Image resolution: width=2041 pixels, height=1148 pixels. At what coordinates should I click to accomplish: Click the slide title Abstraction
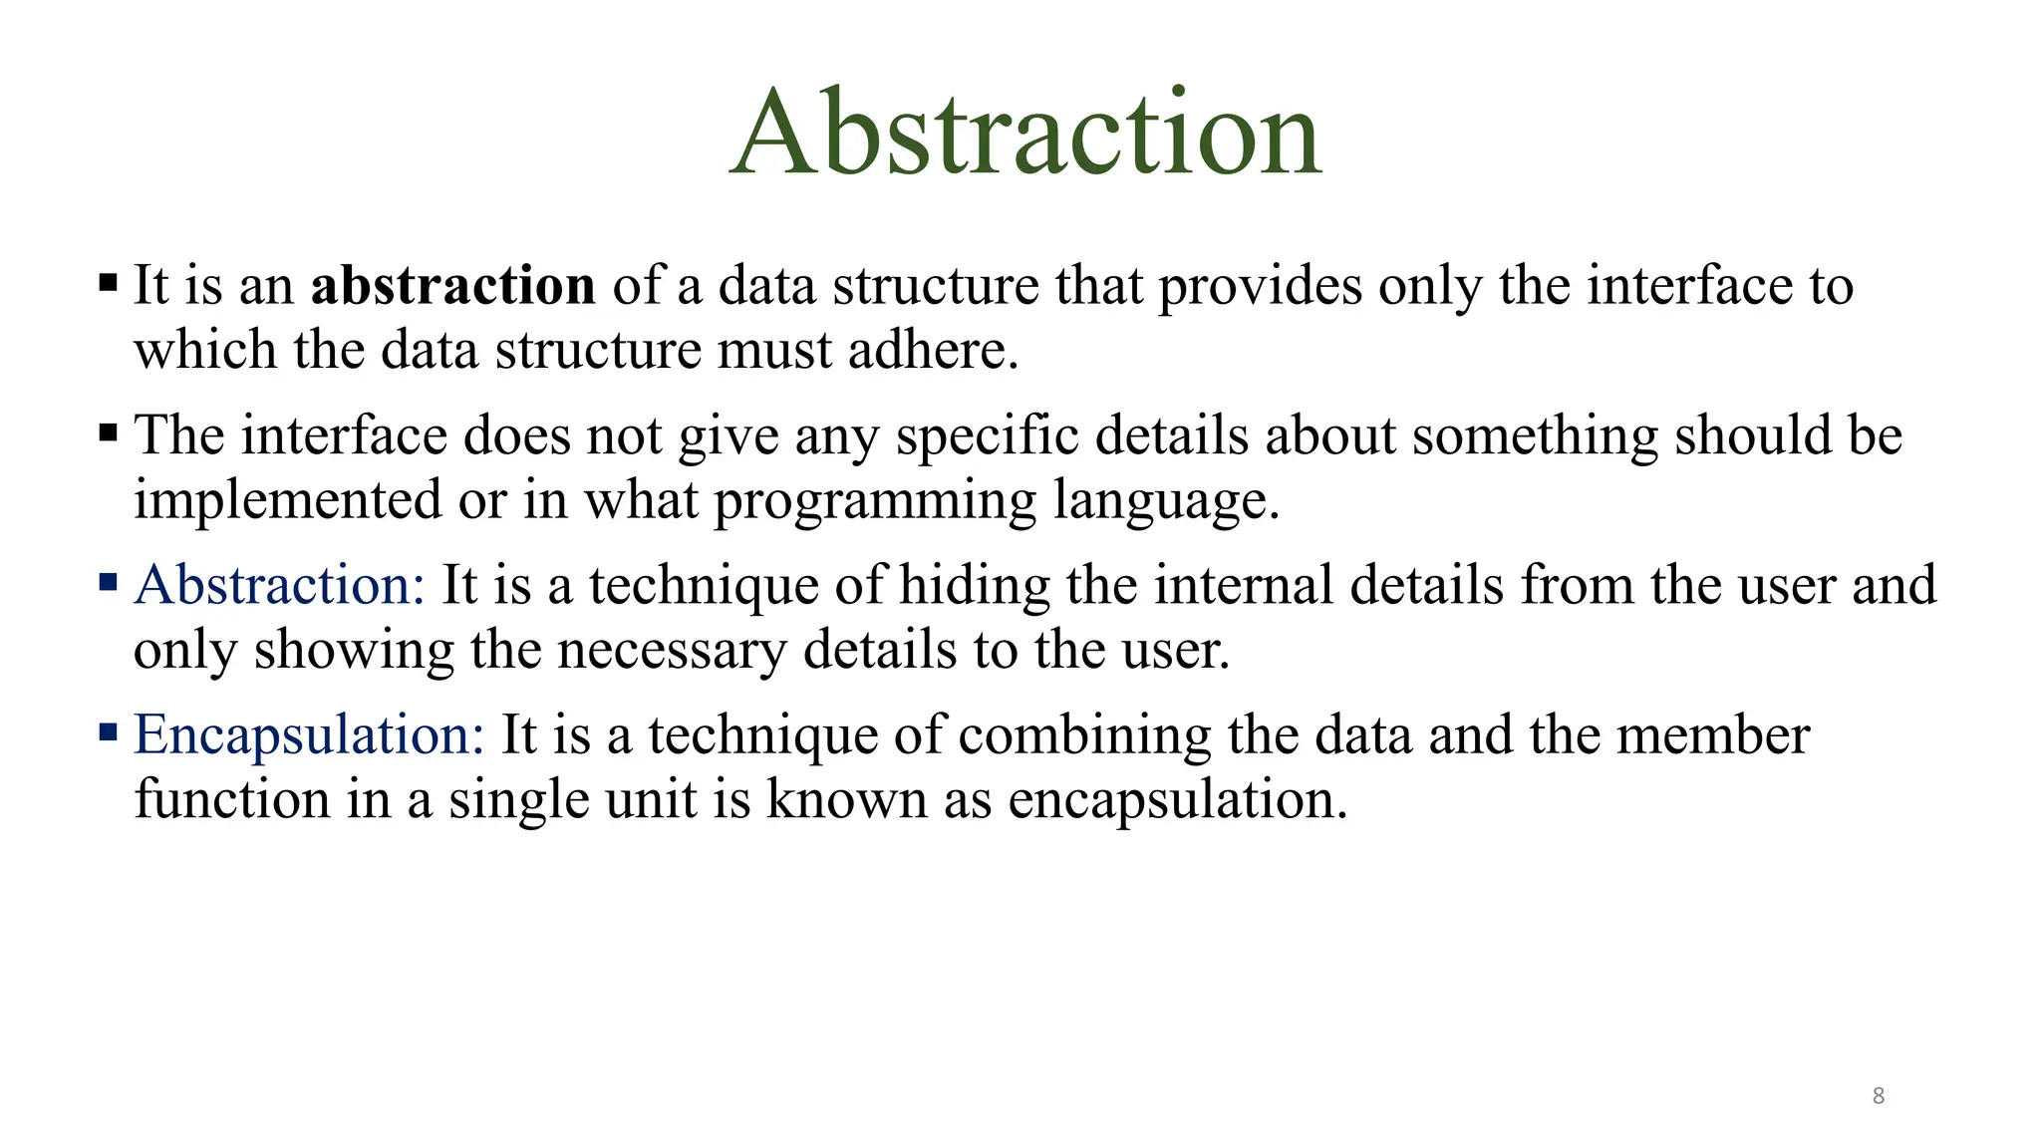pos(1025,134)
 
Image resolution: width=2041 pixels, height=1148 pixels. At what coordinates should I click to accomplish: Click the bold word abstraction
pos(452,286)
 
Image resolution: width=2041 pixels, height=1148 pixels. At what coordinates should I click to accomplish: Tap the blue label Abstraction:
pos(280,585)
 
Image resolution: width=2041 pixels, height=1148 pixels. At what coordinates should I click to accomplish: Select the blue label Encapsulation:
pos(309,735)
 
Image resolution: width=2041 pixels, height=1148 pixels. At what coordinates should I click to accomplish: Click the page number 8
pos(1878,1096)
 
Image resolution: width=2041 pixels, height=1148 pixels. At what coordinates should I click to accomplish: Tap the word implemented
pos(288,500)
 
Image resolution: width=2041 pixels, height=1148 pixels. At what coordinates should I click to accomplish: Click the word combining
pos(1084,735)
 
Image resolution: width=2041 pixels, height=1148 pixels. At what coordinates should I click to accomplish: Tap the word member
pos(1712,735)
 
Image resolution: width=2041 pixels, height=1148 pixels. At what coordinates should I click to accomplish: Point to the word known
pos(846,800)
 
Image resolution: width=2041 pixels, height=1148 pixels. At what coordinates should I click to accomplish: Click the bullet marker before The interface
pos(109,432)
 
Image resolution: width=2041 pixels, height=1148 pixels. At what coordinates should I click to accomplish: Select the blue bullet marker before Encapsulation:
pos(109,733)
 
